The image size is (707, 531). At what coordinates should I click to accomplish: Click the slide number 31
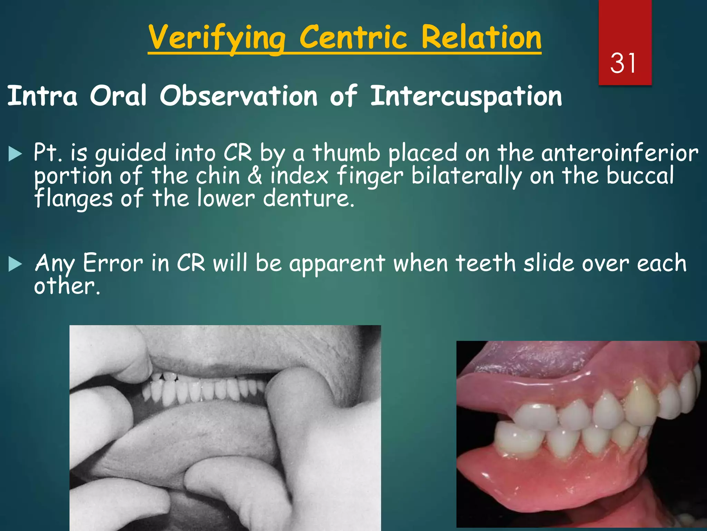coord(623,63)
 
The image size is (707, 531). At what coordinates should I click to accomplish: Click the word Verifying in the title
coord(217,38)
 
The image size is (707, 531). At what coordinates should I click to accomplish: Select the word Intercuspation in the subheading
coord(466,96)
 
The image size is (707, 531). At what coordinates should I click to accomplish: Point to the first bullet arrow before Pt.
coord(15,153)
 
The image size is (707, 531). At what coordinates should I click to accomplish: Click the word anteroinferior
coord(620,153)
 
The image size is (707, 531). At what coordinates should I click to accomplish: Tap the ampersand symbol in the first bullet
coord(255,176)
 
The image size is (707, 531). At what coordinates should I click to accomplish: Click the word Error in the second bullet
coord(113,263)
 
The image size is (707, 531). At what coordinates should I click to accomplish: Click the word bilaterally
coord(466,176)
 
